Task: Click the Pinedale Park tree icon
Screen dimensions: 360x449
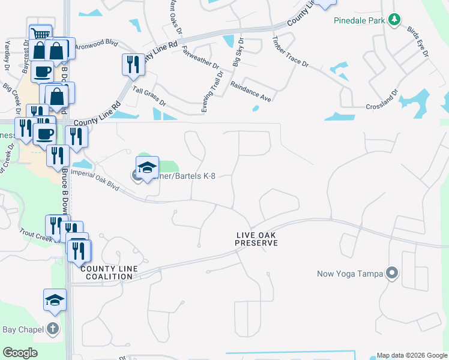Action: pos(394,20)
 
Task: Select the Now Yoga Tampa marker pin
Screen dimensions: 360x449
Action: pos(392,274)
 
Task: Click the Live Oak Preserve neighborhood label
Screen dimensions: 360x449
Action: pos(256,239)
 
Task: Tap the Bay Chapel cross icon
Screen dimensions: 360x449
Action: pos(53,328)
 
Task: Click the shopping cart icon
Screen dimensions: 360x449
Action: pos(40,33)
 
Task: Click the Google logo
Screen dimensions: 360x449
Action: pos(20,353)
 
